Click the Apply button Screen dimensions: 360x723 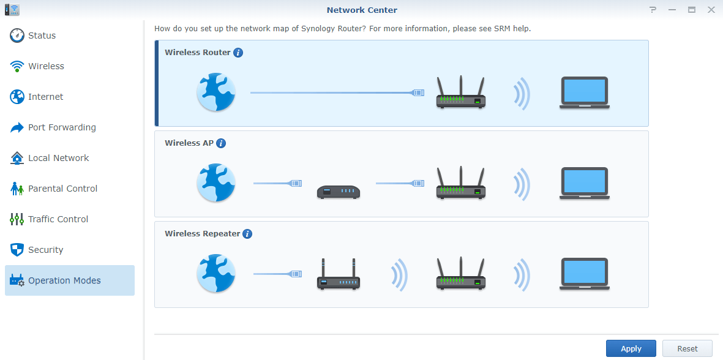[631, 348]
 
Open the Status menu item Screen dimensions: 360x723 [42, 36]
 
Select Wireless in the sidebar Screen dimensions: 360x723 [46, 66]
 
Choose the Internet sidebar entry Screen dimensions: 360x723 [45, 97]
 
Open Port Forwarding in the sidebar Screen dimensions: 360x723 [62, 127]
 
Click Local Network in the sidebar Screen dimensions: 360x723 [58, 158]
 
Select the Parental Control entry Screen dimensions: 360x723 [62, 189]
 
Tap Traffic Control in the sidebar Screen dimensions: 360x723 [58, 219]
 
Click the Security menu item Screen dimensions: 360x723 [45, 250]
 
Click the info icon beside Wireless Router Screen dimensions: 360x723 [238, 53]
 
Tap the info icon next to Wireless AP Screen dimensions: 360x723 [221, 143]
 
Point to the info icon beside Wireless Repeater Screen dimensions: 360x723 [247, 234]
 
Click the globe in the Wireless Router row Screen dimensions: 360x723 [216, 92]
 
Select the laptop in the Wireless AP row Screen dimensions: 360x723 [584, 182]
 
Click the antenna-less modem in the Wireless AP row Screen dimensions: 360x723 [339, 192]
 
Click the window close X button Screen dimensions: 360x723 [711, 10]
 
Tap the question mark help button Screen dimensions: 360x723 [653, 10]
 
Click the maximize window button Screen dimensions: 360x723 [691, 10]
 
